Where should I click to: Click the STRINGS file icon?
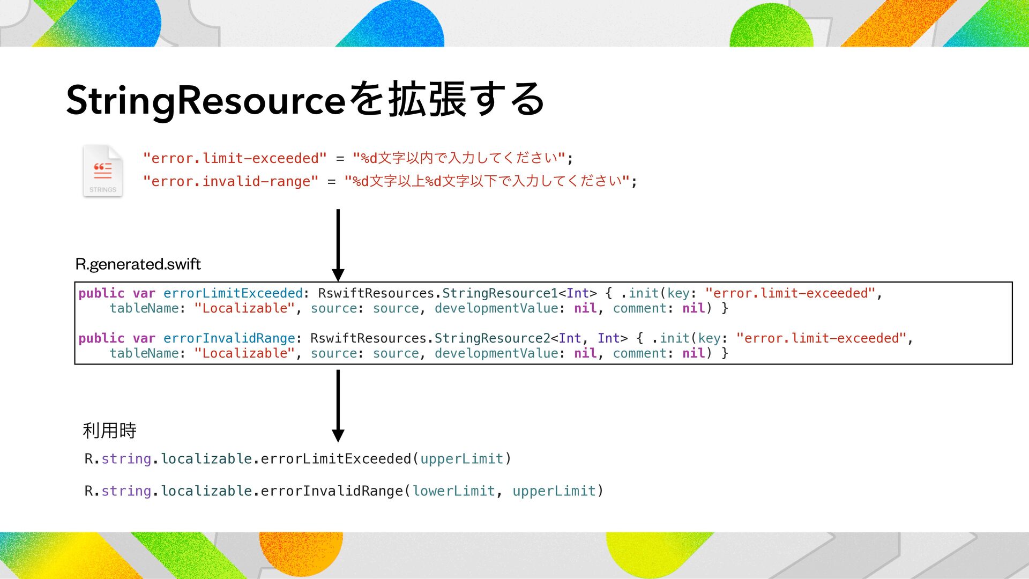(x=103, y=171)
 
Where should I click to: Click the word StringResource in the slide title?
(x=206, y=100)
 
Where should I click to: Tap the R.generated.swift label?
(x=138, y=264)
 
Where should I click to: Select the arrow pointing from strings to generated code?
(x=338, y=244)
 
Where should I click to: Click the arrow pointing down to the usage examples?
(x=338, y=405)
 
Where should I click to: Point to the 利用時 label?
(x=110, y=430)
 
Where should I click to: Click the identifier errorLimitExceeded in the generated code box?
(x=233, y=293)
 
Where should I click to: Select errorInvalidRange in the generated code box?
(x=229, y=338)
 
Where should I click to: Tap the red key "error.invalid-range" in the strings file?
(x=231, y=182)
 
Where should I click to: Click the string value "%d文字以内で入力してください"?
(x=459, y=158)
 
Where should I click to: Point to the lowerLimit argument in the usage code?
(x=453, y=491)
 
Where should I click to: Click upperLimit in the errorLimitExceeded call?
(x=461, y=459)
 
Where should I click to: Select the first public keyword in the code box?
(x=101, y=293)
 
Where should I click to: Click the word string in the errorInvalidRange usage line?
(x=126, y=491)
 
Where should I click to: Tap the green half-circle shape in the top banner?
(x=771, y=27)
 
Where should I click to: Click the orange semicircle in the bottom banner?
(x=301, y=552)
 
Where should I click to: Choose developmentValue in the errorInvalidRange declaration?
(x=496, y=353)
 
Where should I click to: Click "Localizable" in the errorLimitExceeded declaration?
(x=244, y=308)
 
